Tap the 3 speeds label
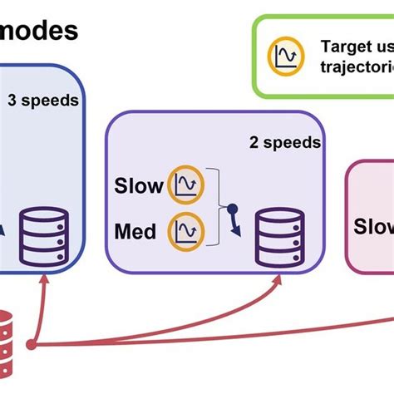pyautogui.click(x=43, y=101)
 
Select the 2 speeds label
pyautogui.click(x=285, y=142)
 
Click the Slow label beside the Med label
pyautogui.click(x=138, y=185)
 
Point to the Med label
pyautogui.click(x=135, y=230)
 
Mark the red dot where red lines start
pyautogui.click(x=32, y=344)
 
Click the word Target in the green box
pyautogui.click(x=344, y=47)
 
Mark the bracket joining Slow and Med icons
pyautogui.click(x=218, y=207)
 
